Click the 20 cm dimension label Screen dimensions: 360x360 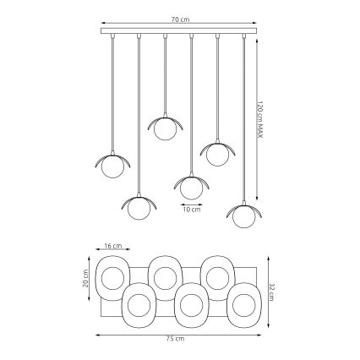(86, 278)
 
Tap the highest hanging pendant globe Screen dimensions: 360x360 (165, 129)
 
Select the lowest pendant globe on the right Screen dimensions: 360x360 (244, 216)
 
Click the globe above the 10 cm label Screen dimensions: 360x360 (191, 188)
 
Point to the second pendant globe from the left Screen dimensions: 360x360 (138, 208)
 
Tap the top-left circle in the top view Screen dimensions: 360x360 (112, 276)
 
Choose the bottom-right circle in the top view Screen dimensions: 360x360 (244, 302)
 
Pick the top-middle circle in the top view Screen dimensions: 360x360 (165, 276)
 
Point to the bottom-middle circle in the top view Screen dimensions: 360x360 (191, 302)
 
